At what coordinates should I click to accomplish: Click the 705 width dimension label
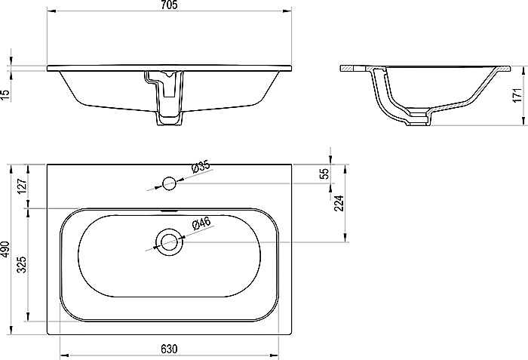click(169, 5)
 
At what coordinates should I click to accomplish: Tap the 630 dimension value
click(169, 349)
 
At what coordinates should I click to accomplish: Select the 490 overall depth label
click(5, 249)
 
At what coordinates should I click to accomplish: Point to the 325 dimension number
click(22, 265)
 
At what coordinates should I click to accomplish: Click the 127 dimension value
click(22, 186)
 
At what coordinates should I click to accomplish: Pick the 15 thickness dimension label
click(5, 95)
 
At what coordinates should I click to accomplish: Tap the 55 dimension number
click(324, 174)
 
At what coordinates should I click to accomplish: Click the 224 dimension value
click(339, 203)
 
